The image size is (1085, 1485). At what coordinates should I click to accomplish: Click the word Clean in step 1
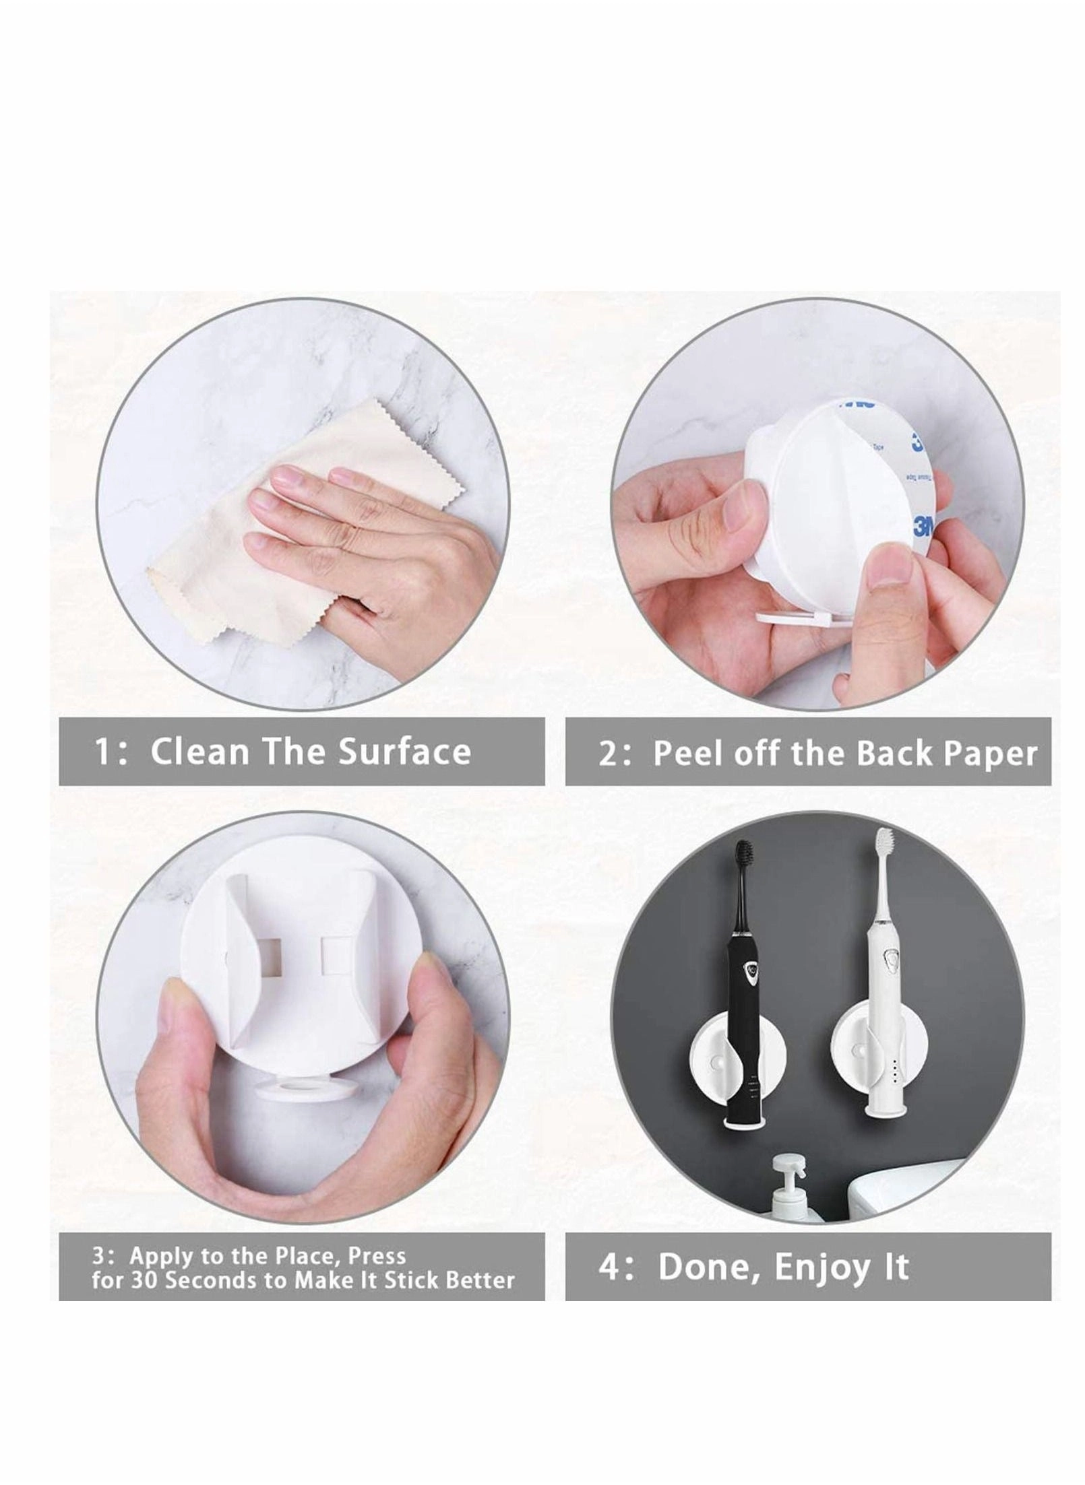pyautogui.click(x=199, y=751)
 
